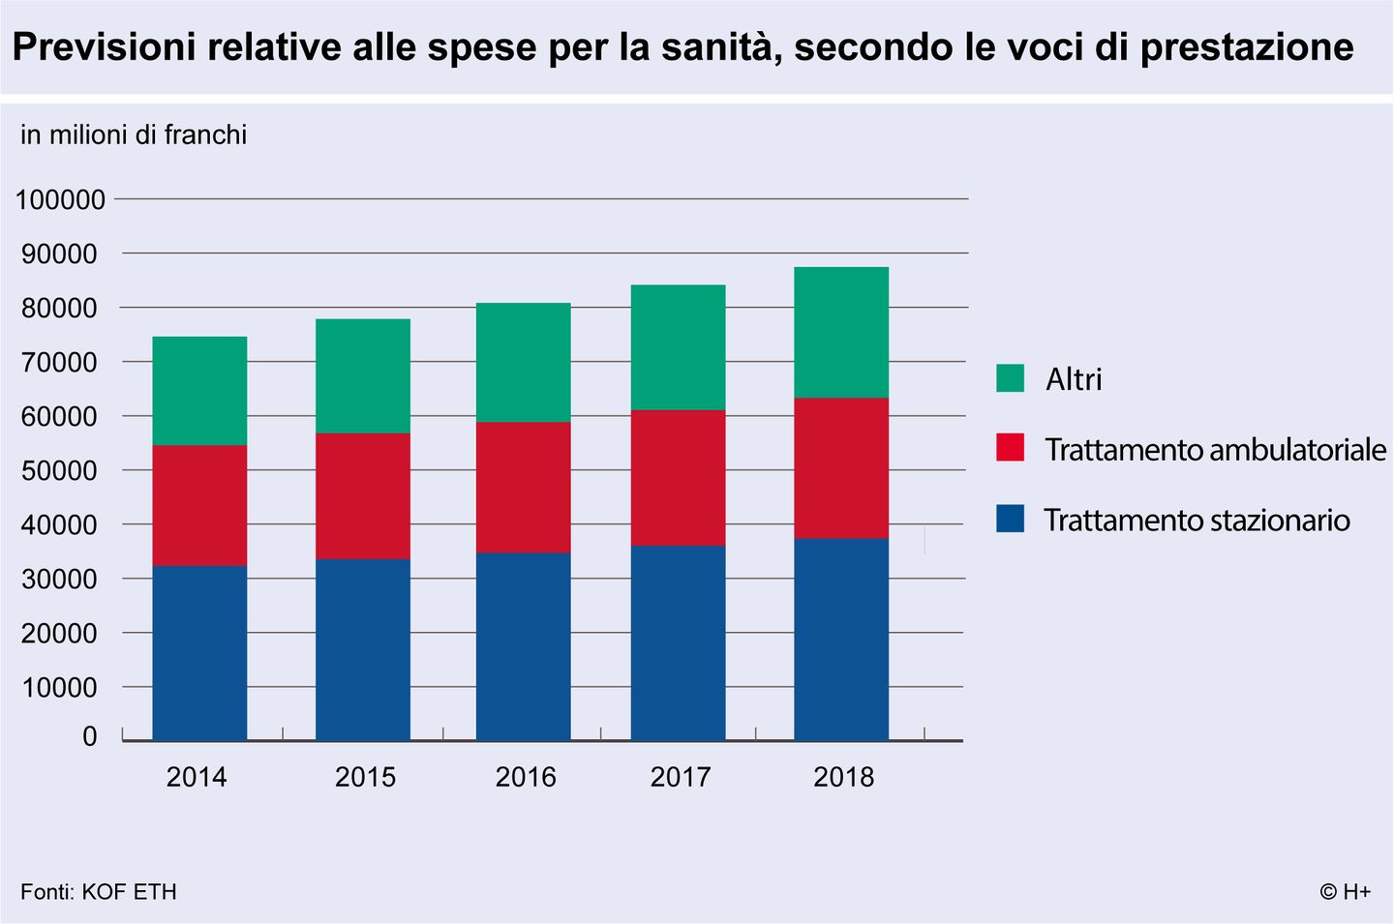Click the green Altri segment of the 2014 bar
click(199, 391)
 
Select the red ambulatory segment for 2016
click(523, 488)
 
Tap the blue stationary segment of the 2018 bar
click(840, 639)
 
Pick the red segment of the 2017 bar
click(678, 477)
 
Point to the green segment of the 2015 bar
click(362, 375)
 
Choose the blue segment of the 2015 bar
click(362, 649)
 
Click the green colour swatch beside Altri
click(1010, 378)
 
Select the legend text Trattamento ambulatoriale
click(1215, 450)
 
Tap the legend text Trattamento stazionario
click(1197, 521)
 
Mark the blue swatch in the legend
click(1010, 519)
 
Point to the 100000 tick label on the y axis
click(60, 200)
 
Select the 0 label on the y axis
click(90, 736)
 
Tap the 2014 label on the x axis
click(197, 777)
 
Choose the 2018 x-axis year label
click(843, 777)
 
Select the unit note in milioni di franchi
click(134, 134)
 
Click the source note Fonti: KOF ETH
click(99, 891)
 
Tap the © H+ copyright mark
click(1345, 891)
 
